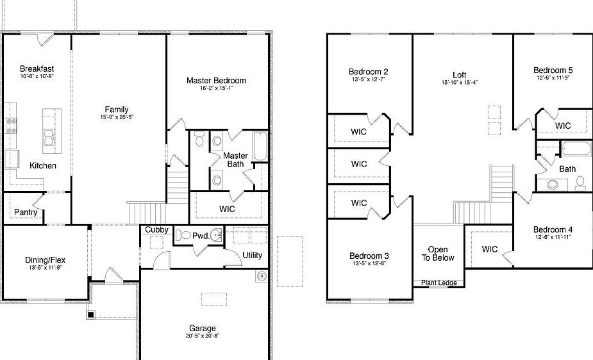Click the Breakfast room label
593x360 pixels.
pos(37,69)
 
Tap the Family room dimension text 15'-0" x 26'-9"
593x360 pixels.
pos(117,117)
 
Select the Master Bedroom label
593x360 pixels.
pos(216,80)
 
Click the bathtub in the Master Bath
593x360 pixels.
pos(260,147)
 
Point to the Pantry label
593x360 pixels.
pos(26,212)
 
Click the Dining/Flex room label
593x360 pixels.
pos(45,260)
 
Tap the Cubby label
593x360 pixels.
pos(156,229)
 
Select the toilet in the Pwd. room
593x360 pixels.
pos(185,235)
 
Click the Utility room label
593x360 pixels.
pos(252,255)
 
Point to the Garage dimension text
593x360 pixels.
pos(202,336)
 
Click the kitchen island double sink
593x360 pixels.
pos(49,136)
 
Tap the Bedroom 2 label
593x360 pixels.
pos(368,72)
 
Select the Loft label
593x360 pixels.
pos(459,74)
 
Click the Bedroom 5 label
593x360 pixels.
pos(553,70)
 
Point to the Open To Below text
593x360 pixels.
pos(438,254)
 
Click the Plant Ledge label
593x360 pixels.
pos(438,282)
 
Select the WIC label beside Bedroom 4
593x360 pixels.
pos(490,249)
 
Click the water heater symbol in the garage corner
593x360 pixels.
pos(261,277)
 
